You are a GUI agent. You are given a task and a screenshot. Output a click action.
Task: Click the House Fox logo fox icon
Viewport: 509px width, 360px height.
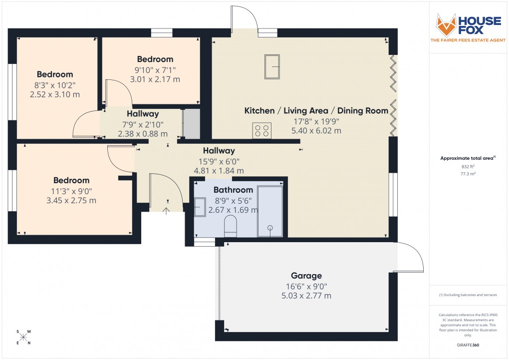pyautogui.click(x=447, y=25)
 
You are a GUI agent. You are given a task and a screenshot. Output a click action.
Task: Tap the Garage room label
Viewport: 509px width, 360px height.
pyautogui.click(x=306, y=276)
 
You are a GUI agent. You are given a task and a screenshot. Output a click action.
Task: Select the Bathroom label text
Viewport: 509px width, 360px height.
pyautogui.click(x=233, y=190)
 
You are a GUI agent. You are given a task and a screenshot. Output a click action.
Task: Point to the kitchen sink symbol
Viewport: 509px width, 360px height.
pyautogui.click(x=272, y=66)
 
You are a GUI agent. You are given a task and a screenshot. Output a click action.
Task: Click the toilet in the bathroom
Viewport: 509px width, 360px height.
pyautogui.click(x=231, y=226)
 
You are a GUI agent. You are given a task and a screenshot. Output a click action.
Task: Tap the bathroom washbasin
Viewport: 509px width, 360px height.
pyautogui.click(x=200, y=207)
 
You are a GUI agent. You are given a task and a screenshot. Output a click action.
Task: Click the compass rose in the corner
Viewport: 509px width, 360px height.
pyautogui.click(x=23, y=337)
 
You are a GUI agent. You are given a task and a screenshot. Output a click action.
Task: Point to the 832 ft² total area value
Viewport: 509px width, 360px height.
pyautogui.click(x=467, y=166)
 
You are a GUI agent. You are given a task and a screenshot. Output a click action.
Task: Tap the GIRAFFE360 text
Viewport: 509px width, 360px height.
pyautogui.click(x=467, y=345)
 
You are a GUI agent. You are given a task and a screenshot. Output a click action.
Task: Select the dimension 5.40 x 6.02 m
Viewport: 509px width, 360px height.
pyautogui.click(x=316, y=131)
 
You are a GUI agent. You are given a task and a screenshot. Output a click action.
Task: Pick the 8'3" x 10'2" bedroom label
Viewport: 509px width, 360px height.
pyautogui.click(x=55, y=84)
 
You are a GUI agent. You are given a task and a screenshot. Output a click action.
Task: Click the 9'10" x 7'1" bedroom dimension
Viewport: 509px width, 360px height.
pyautogui.click(x=155, y=69)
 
